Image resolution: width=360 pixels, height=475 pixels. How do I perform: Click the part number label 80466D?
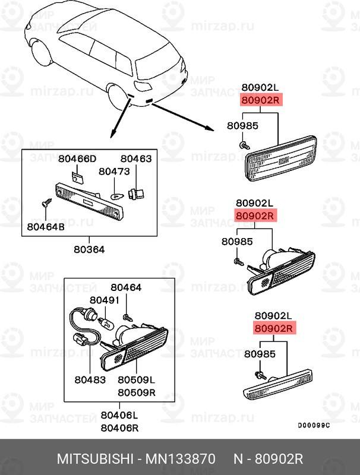pyautogui.click(x=77, y=159)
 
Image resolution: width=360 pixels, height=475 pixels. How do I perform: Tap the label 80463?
pyautogui.click(x=136, y=159)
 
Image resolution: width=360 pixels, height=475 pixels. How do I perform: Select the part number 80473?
pyautogui.click(x=114, y=172)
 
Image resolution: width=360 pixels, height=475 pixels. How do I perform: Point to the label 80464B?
pyautogui.click(x=46, y=227)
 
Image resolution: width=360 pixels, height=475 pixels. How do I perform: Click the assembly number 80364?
pyautogui.click(x=89, y=249)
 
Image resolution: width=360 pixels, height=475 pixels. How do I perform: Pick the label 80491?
pyautogui.click(x=105, y=300)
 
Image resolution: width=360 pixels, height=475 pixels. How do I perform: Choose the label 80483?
pyautogui.click(x=90, y=379)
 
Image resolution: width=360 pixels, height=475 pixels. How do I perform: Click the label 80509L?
pyautogui.click(x=137, y=379)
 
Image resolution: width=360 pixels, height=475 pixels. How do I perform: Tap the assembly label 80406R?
pyautogui.click(x=119, y=427)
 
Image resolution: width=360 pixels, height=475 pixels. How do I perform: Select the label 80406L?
pyautogui.click(x=119, y=415)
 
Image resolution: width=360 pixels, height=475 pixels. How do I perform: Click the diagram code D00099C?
pyautogui.click(x=314, y=426)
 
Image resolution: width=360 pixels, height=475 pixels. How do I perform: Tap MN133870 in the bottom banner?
pyautogui.click(x=181, y=459)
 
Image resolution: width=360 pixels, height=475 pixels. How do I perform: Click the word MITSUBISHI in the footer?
pyautogui.click(x=95, y=459)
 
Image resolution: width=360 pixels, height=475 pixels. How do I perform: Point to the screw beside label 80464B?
pyautogui.click(x=46, y=202)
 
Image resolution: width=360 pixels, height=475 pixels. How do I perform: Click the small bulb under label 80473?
pyautogui.click(x=117, y=197)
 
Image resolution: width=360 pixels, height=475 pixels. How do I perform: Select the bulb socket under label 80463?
pyautogui.click(x=137, y=194)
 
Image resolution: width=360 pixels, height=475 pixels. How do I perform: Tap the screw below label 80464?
pyautogui.click(x=128, y=318)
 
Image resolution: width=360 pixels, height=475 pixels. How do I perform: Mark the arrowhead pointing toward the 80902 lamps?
pyautogui.click(x=209, y=129)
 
